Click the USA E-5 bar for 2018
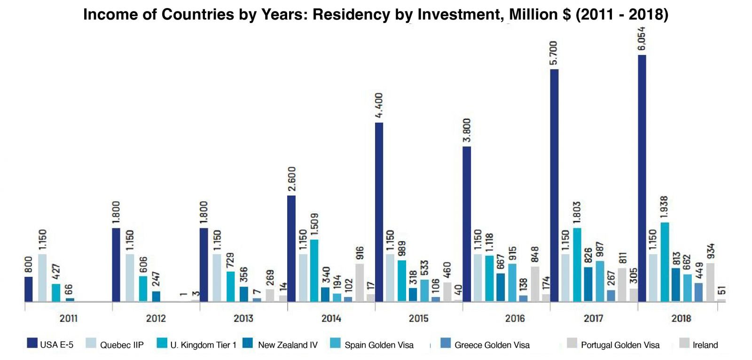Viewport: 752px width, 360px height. tap(642, 179)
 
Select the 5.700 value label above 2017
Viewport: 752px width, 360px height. tap(554, 53)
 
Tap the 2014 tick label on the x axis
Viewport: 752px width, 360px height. tap(331, 319)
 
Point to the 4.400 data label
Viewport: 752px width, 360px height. tap(379, 105)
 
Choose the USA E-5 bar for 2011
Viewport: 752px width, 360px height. tap(29, 290)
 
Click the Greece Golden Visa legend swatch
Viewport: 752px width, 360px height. tap(446, 344)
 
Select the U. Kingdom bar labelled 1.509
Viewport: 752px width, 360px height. tap(314, 271)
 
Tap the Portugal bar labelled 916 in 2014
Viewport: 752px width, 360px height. tap(360, 283)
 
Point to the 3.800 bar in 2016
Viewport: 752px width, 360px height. tap(467, 224)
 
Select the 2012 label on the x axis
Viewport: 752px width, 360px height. tap(156, 319)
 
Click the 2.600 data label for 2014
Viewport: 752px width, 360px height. tap(291, 179)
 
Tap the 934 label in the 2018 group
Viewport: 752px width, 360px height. tap(711, 251)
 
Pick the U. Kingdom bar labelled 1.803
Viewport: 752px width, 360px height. tap(577, 265)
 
